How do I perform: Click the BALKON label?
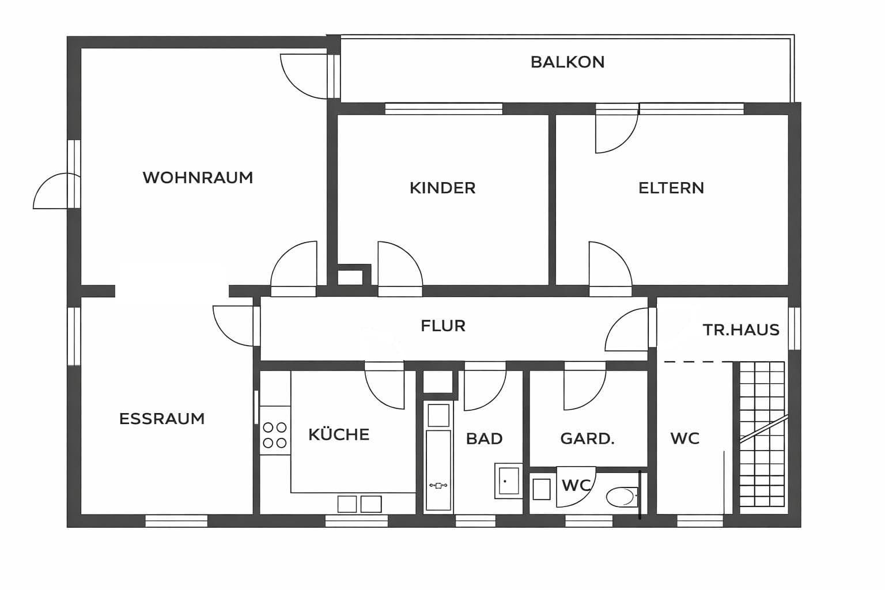tap(568, 62)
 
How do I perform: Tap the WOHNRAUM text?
tap(198, 177)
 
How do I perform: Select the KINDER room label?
tap(442, 188)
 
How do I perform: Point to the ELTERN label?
tap(671, 188)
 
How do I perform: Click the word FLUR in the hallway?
tap(442, 326)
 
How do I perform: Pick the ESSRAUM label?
tap(162, 419)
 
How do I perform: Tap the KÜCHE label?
tap(339, 434)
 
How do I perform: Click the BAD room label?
tap(484, 439)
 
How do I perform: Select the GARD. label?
tap(587, 439)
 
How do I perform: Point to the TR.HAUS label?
tap(741, 330)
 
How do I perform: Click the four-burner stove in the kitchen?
tap(275, 435)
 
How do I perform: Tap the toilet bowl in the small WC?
tap(621, 496)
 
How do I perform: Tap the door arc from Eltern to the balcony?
tap(616, 131)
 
